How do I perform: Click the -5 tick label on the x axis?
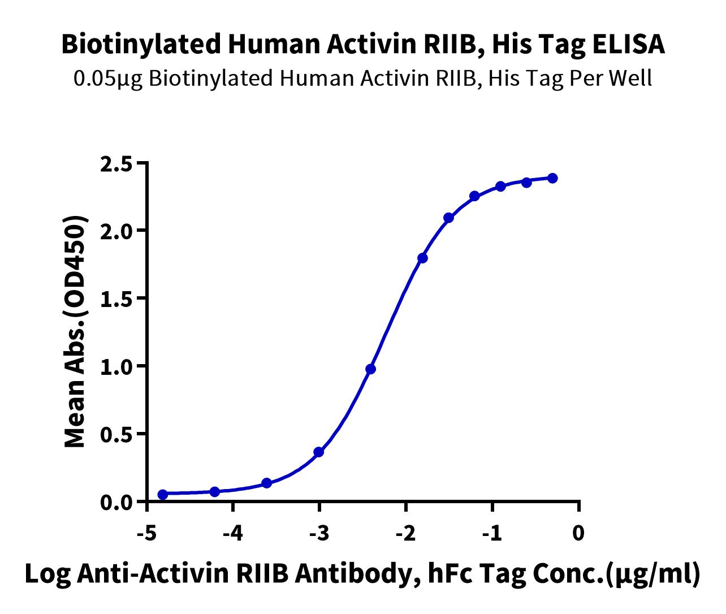[146, 533]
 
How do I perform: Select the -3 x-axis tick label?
[319, 533]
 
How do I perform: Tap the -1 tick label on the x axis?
[492, 533]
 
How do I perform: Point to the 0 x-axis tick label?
[578, 533]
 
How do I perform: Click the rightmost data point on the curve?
[552, 178]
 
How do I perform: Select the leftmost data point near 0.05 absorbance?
[163, 495]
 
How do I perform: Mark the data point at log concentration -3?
[318, 452]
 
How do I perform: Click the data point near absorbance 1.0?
[370, 369]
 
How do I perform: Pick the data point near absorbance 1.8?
[422, 258]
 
